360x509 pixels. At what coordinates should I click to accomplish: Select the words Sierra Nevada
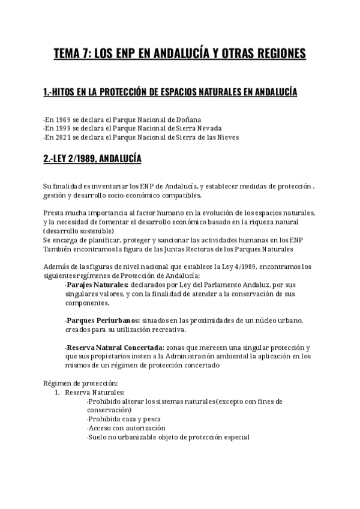pos(202,128)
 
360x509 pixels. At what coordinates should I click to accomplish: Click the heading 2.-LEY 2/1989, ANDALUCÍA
pos(92,159)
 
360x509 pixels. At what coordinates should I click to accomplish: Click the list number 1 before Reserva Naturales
pos(56,392)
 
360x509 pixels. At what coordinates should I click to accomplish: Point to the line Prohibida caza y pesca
pos(124,419)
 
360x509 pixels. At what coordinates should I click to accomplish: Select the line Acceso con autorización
pos(125,428)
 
